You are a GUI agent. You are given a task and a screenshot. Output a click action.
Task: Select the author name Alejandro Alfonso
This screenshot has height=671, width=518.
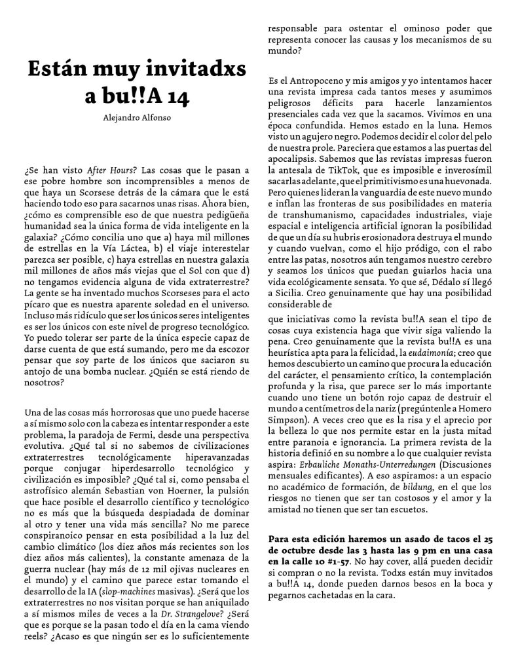[x=138, y=119]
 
